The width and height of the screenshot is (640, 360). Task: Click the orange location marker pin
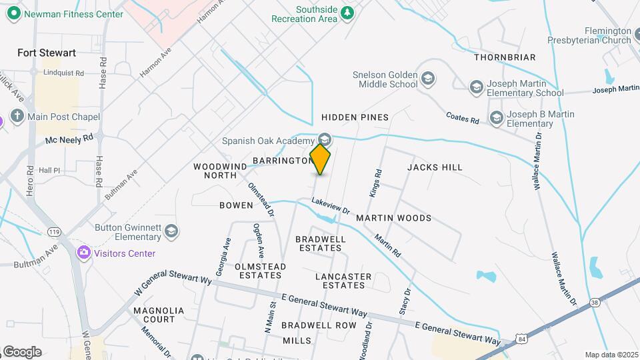(x=320, y=159)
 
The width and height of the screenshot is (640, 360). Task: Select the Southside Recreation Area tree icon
(x=347, y=13)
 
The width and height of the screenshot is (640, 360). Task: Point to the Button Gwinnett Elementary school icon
(x=171, y=231)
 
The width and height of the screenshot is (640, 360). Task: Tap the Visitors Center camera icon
(x=83, y=253)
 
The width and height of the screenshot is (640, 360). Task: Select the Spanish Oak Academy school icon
(x=325, y=139)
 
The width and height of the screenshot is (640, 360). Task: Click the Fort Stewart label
(x=47, y=53)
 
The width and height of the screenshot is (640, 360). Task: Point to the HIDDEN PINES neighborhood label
(x=355, y=117)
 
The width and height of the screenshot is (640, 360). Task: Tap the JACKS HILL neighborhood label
(x=435, y=167)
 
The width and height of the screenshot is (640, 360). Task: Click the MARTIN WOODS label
(x=393, y=218)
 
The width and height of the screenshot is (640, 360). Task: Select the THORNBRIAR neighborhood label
(x=505, y=57)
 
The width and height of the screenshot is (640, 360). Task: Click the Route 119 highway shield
(x=53, y=231)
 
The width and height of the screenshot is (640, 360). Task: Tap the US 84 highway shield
(x=521, y=341)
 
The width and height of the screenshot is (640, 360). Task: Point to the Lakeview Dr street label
(x=331, y=205)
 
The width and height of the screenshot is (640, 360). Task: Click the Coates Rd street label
(x=463, y=117)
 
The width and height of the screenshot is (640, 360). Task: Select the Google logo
(x=22, y=351)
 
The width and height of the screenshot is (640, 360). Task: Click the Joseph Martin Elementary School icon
(x=476, y=87)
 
